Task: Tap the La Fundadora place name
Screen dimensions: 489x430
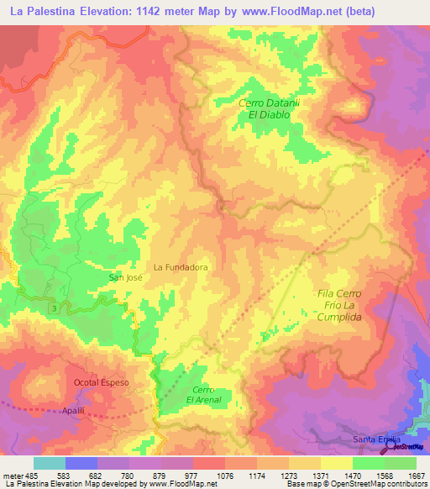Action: point(180,267)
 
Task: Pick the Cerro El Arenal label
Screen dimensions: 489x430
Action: point(203,395)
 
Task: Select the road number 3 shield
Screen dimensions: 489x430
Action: point(55,311)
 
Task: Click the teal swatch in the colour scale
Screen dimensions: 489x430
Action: point(50,463)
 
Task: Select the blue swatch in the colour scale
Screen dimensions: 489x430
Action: point(81,463)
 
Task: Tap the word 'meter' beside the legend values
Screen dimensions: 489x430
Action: point(11,476)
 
